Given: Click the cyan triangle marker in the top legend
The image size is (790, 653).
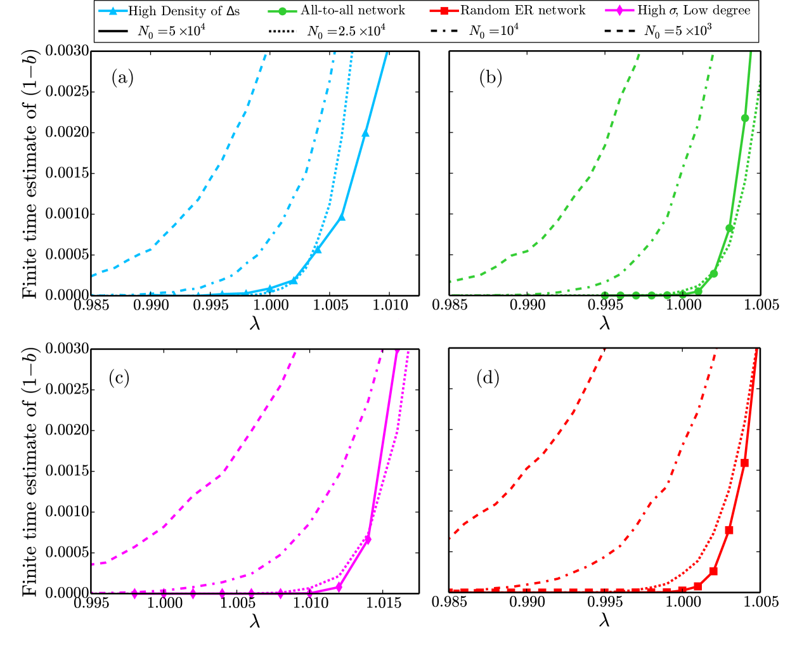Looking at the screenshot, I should [113, 11].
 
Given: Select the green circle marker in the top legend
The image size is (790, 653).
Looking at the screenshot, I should [282, 11].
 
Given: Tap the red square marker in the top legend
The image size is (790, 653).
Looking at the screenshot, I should [444, 11].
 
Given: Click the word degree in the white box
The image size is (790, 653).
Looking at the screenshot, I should [728, 11].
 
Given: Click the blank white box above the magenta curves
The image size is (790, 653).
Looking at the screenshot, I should [396, 333].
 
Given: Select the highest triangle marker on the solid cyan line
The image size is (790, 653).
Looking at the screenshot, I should [365, 133].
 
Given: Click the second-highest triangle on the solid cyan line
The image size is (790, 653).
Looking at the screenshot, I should [342, 217].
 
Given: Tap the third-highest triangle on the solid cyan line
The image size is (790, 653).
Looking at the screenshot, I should [317, 250].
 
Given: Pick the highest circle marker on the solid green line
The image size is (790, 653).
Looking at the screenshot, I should [745, 118].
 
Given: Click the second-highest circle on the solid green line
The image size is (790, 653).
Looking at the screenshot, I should [730, 228].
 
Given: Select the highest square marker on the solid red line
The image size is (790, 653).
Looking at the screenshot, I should [744, 463].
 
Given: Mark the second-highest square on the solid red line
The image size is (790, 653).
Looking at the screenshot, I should [729, 530].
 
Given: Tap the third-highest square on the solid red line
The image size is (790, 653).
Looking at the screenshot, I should [713, 571].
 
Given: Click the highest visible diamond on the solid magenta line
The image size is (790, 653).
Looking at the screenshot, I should [367, 540].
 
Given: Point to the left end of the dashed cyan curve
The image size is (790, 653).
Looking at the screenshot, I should [93, 276].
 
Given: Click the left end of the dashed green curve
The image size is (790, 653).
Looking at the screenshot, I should [451, 281].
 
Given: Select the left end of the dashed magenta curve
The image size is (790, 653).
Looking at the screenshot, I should [93, 564].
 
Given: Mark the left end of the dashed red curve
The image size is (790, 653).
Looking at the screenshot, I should [451, 538].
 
